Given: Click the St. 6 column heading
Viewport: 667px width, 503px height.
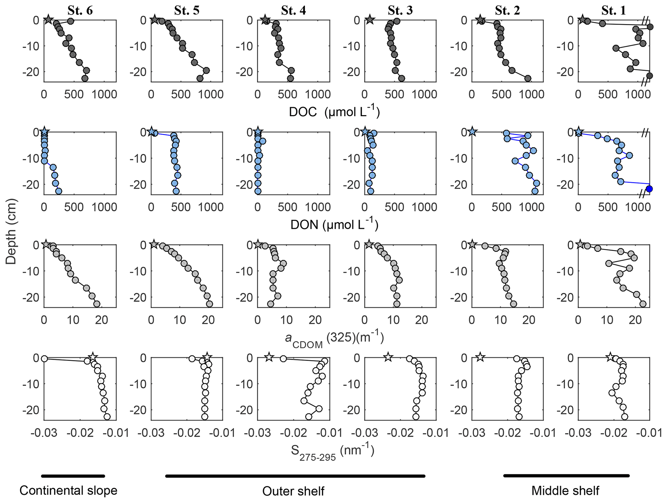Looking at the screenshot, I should [80, 10].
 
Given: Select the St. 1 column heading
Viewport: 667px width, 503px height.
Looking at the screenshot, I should [613, 10].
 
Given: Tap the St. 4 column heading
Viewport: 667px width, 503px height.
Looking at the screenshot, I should [293, 10].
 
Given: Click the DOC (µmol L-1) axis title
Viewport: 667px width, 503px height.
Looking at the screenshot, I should [334, 112].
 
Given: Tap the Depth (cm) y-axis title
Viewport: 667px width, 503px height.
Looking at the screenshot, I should [11, 231].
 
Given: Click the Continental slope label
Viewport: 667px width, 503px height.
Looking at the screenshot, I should [68, 491].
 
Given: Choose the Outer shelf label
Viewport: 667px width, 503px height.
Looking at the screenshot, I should [293, 491].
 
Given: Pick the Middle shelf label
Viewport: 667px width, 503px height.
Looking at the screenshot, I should [565, 491].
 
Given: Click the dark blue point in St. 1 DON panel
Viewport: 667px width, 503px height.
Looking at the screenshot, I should [649, 189].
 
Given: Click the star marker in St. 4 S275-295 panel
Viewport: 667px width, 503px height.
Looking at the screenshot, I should [269, 357].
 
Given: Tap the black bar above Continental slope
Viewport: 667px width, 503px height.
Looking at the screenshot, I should [73, 476].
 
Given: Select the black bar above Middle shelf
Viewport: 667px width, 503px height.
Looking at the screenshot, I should [566, 476].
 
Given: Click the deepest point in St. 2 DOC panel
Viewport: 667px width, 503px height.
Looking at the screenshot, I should [528, 78].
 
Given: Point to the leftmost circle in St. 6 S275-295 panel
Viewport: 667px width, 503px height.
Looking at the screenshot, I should [45, 359].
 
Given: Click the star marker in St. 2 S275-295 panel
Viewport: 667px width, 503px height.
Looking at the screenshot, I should [480, 357].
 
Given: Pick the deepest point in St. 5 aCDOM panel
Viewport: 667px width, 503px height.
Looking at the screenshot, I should [209, 304].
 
